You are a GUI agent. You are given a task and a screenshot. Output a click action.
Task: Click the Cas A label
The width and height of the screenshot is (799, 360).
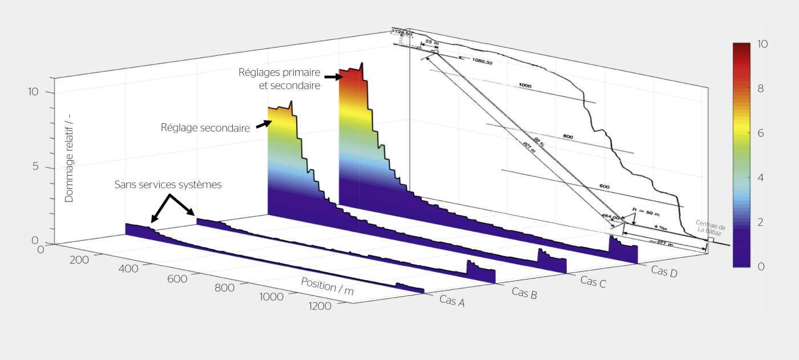pos(451,301)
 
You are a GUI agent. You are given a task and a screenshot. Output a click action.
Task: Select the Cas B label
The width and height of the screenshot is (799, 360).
pos(523,293)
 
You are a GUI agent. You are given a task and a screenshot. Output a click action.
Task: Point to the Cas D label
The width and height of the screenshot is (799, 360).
pos(664,271)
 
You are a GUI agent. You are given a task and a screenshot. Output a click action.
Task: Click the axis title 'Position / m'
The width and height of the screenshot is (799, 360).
pos(327,286)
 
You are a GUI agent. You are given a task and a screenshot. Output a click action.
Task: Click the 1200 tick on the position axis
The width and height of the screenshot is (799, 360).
pos(320,306)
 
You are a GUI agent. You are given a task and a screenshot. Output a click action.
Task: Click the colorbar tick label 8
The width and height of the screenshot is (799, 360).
pos(761,88)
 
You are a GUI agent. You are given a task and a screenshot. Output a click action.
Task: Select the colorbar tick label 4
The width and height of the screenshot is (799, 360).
pos(761,177)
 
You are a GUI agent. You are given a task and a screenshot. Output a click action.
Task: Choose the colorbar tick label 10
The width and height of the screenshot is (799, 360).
pos(762,44)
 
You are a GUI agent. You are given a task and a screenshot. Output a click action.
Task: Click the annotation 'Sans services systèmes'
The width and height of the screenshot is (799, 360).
pos(168,185)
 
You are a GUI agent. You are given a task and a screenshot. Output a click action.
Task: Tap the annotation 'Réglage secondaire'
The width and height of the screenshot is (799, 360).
pos(205,128)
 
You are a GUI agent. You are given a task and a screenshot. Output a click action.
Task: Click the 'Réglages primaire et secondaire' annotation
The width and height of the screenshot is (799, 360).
pos(279,79)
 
